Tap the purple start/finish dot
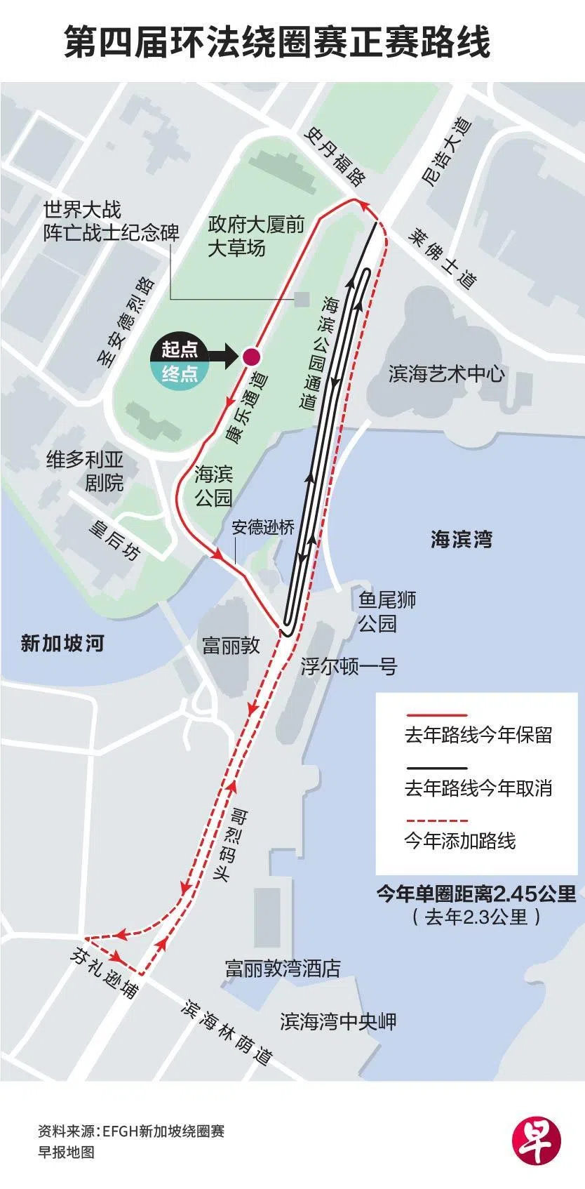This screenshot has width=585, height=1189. (x=249, y=357)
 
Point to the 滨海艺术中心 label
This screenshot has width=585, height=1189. (x=447, y=373)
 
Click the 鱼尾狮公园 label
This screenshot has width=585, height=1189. (x=387, y=611)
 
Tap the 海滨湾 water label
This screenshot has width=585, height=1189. (x=461, y=539)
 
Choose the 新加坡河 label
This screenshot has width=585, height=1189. (x=62, y=643)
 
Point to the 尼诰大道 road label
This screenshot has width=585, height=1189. (x=446, y=152)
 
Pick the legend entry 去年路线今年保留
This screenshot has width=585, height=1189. (x=478, y=735)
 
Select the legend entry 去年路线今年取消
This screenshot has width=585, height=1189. (x=478, y=788)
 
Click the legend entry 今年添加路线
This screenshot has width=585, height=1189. (x=460, y=840)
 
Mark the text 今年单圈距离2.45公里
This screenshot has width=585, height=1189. (x=476, y=894)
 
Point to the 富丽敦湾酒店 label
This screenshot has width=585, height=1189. (x=283, y=969)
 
